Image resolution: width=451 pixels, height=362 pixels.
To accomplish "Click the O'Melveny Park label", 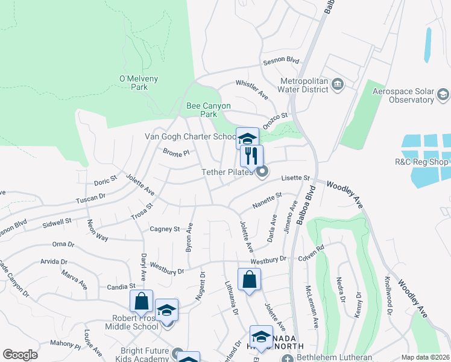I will pos(131,83).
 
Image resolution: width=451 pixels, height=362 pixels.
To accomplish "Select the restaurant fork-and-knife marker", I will pos(251,156).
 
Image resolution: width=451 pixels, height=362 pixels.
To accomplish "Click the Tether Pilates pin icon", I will pos(262,173).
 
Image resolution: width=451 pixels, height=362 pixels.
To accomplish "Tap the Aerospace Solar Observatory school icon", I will pos(443,94).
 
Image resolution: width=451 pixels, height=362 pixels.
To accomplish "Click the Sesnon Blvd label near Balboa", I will pos(280,60).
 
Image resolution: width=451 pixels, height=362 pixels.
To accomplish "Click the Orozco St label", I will pos(277,115).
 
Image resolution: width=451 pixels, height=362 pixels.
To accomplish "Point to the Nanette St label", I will pos(267,200).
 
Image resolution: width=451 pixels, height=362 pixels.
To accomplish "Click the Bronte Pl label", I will pos(176,152).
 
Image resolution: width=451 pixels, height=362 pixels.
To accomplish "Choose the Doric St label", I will pos(105,182).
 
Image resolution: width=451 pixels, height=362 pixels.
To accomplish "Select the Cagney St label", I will pos(165,229).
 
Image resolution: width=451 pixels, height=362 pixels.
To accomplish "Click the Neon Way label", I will pos(97,230).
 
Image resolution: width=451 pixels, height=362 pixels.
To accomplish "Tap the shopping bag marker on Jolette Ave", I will pos(249,279).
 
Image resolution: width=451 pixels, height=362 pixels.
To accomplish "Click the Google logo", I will pos(20,355).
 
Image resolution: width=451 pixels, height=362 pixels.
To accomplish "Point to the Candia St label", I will pos(122,286).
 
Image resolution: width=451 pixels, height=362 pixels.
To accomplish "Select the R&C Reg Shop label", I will pos(420,162).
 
